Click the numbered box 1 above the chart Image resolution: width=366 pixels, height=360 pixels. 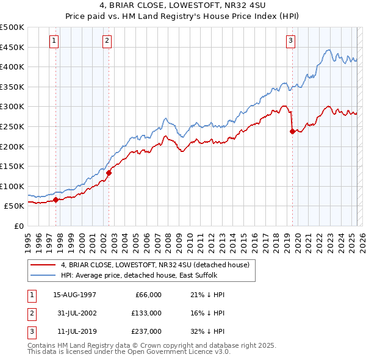[x=54, y=41]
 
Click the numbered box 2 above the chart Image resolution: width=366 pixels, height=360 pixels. [x=107, y=41]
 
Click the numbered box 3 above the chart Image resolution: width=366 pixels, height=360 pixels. [x=291, y=41]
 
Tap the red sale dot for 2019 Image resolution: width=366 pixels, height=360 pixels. [x=292, y=131]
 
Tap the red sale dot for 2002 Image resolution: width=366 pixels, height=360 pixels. [x=109, y=173]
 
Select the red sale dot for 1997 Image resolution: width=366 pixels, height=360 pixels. [x=56, y=200]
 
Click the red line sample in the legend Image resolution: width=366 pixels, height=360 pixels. [x=44, y=265]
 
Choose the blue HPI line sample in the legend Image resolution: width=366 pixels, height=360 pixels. [x=44, y=275]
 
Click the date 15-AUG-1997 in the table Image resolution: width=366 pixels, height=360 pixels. [x=75, y=295]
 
